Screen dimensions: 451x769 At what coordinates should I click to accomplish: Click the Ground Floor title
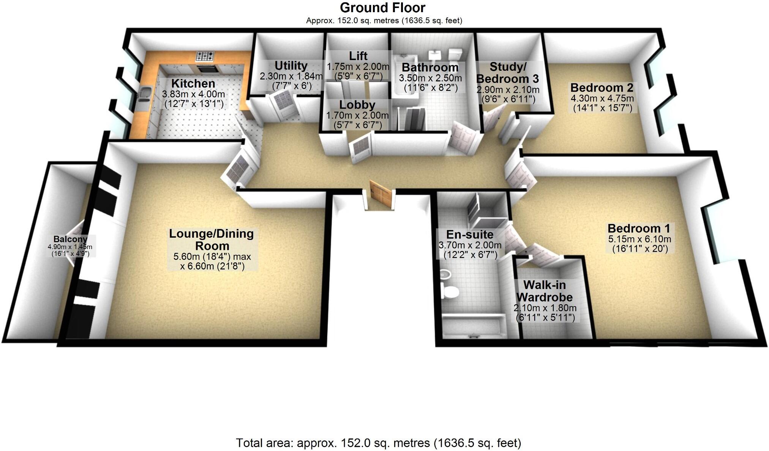pyautogui.click(x=382, y=8)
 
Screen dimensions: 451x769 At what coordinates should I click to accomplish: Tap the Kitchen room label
pyautogui.click(x=193, y=83)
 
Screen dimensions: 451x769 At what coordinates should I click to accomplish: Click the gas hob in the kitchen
pyautogui.click(x=205, y=57)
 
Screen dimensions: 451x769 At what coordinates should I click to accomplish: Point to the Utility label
pyautogui.click(x=291, y=65)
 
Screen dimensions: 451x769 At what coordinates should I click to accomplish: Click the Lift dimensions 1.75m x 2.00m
pyautogui.click(x=358, y=67)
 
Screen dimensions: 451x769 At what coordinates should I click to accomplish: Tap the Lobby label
pyautogui.click(x=357, y=105)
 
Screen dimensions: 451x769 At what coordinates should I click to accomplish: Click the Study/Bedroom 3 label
pyautogui.click(x=508, y=73)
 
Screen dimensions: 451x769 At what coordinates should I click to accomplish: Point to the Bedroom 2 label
pyautogui.click(x=602, y=87)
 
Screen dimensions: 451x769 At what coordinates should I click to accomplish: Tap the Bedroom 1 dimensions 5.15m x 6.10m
pyautogui.click(x=640, y=239)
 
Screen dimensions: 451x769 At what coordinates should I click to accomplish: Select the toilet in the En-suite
pyautogui.click(x=450, y=292)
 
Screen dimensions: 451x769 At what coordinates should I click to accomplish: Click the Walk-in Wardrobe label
pyautogui.click(x=545, y=291)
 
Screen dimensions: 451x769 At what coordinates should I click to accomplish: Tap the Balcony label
pyautogui.click(x=70, y=239)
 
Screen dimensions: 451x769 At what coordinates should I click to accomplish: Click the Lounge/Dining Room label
pyautogui.click(x=212, y=239)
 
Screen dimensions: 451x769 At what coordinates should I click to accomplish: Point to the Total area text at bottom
pyautogui.click(x=378, y=443)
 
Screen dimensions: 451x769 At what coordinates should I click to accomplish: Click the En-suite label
pyautogui.click(x=470, y=234)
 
